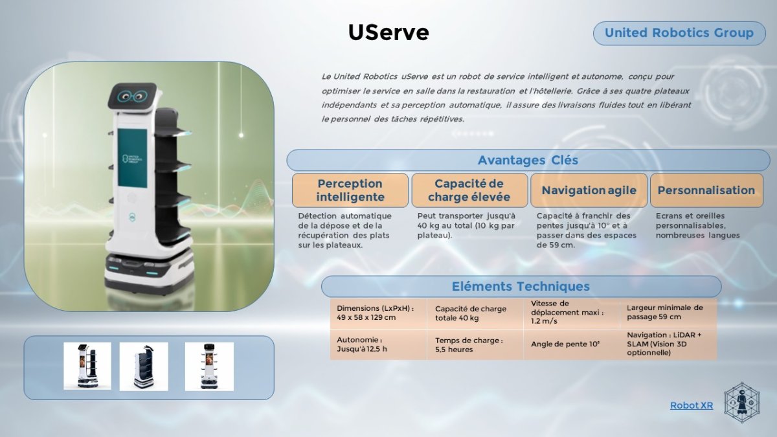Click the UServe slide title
388,32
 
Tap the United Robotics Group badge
679,33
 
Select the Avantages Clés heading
528,161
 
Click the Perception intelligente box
350,190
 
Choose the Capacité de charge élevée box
469,190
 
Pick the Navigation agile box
589,190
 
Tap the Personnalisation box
706,190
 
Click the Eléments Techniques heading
521,286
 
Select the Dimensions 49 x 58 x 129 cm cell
378,313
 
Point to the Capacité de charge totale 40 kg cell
475,313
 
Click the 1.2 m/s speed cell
572,313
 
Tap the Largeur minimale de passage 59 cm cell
668,313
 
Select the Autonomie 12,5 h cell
378,344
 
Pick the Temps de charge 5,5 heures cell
475,344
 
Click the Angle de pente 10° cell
572,344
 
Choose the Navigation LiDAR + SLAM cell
668,344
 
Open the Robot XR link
692,405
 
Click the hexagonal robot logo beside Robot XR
741,403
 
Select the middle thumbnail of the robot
144,366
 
